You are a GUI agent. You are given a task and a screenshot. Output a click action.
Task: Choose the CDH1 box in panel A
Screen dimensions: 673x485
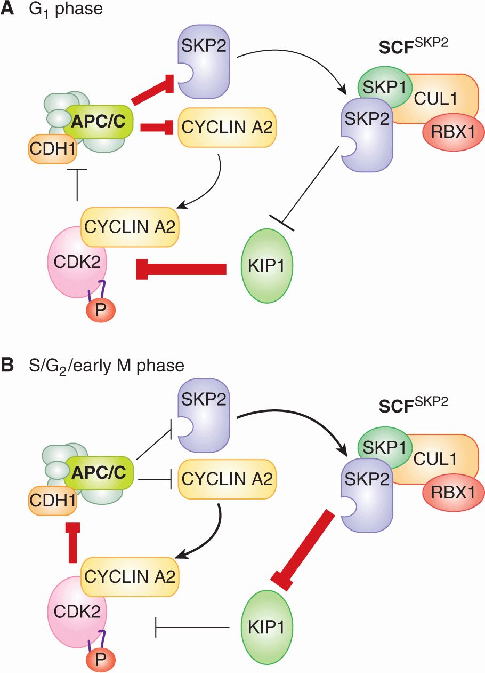click(52, 144)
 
